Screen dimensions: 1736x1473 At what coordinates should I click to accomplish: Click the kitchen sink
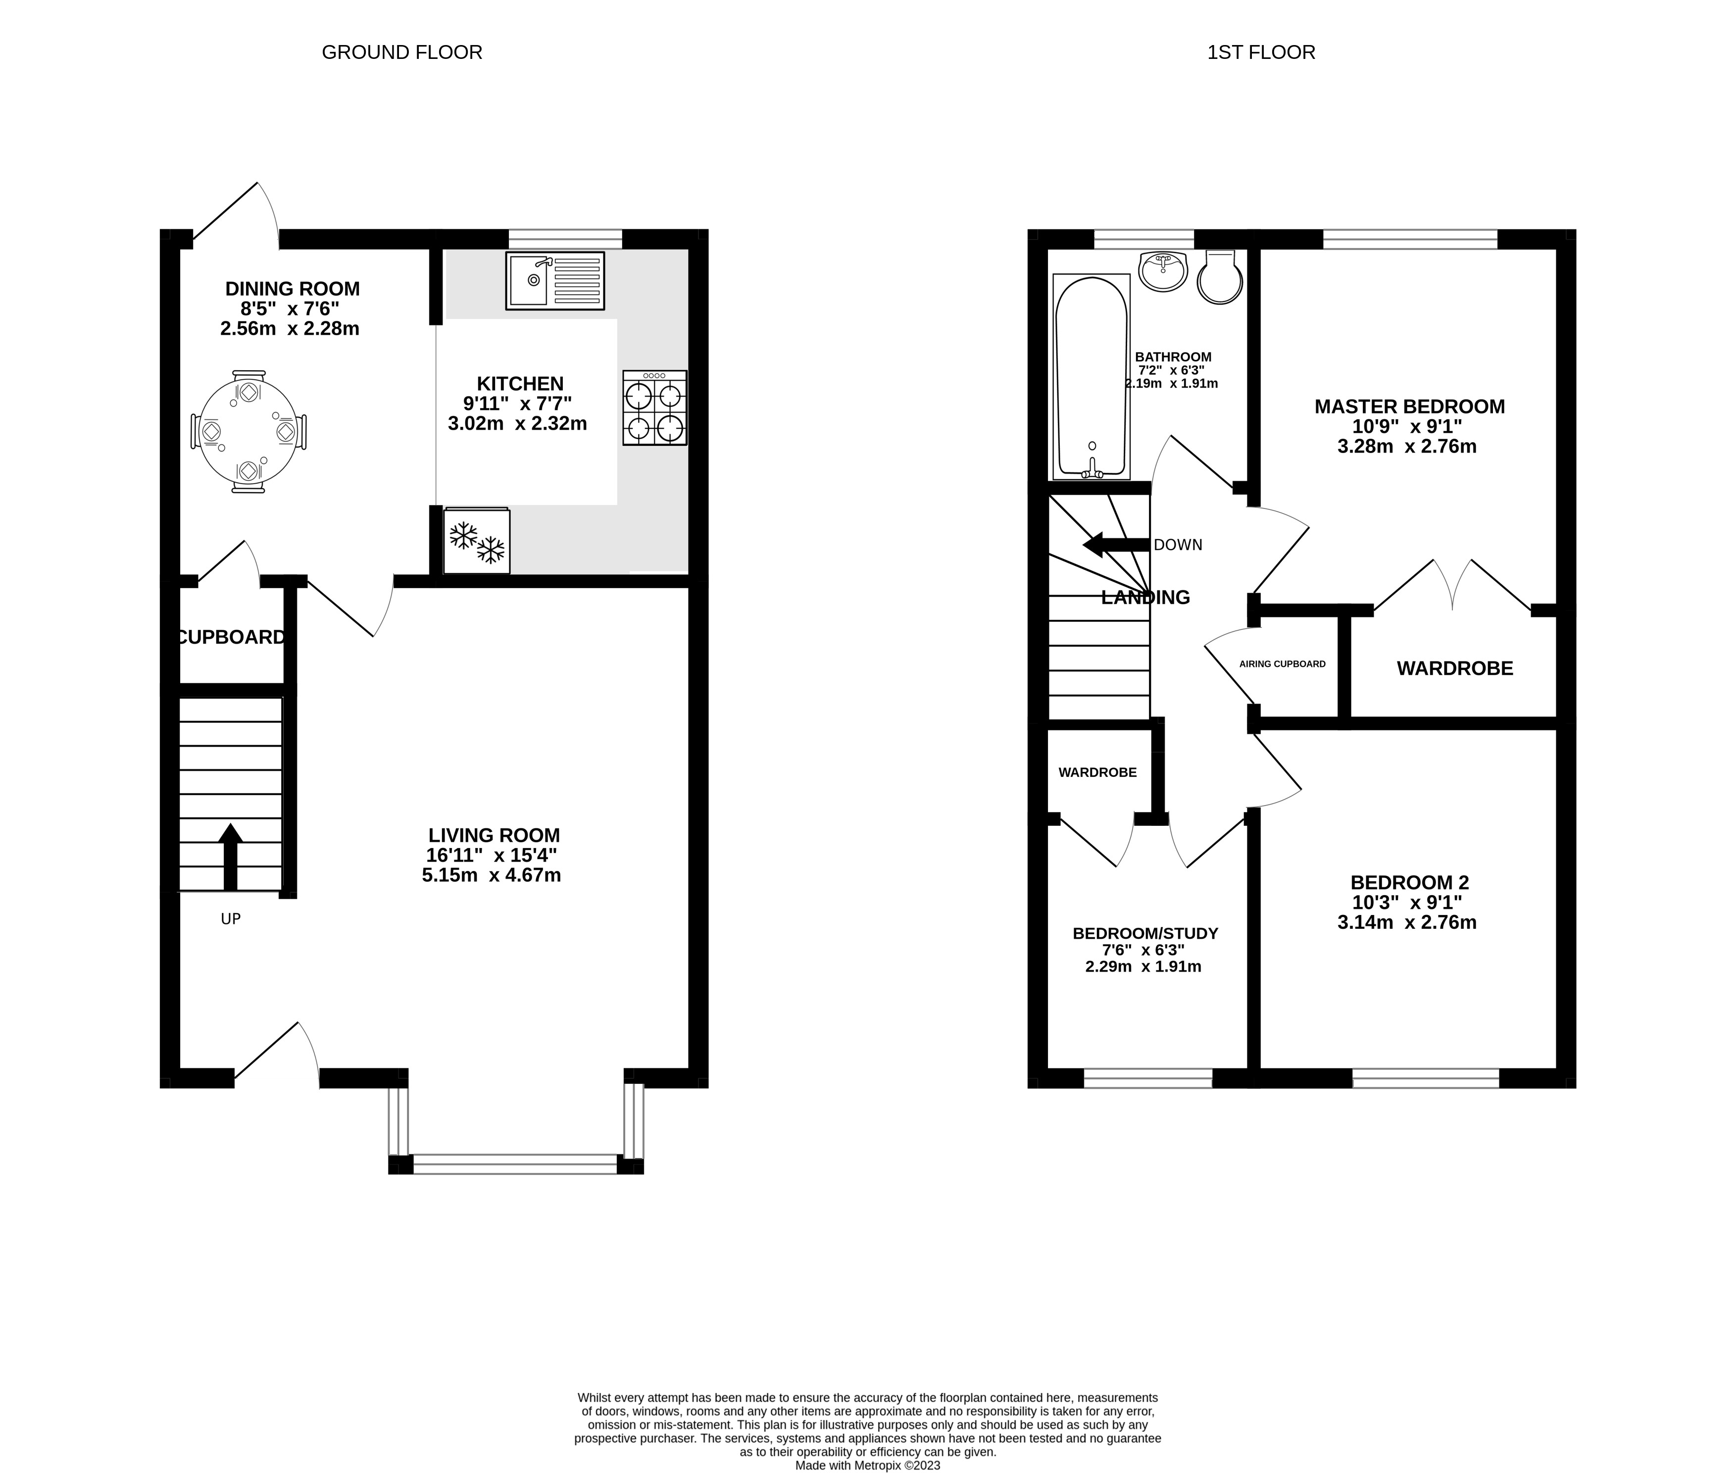click(x=555, y=281)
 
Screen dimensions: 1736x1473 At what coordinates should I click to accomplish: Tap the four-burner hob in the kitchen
click(x=654, y=407)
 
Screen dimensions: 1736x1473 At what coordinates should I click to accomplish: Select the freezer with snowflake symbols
click(x=477, y=540)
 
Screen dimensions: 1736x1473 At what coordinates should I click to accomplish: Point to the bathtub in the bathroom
click(x=1091, y=377)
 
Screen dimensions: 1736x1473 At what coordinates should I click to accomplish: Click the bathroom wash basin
click(x=1163, y=271)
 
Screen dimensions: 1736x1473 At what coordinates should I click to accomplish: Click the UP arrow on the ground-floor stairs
click(x=230, y=857)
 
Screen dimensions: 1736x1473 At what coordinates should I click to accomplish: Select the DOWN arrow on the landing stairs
click(x=1116, y=545)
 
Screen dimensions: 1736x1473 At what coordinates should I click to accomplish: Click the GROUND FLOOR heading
click(x=401, y=52)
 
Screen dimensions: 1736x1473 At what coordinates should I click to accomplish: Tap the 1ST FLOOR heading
click(x=1261, y=52)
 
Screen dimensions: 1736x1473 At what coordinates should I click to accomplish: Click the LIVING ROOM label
click(x=494, y=835)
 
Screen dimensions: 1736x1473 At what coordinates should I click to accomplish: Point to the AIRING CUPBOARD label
click(x=1282, y=664)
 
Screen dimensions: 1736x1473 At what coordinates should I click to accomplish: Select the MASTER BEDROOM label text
click(x=1410, y=406)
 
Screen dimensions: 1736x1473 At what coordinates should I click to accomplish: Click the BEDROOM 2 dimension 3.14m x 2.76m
click(x=1407, y=923)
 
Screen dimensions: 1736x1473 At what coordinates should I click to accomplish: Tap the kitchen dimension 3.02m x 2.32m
click(x=517, y=423)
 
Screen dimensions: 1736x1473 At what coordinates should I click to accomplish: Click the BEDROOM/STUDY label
click(x=1145, y=934)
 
